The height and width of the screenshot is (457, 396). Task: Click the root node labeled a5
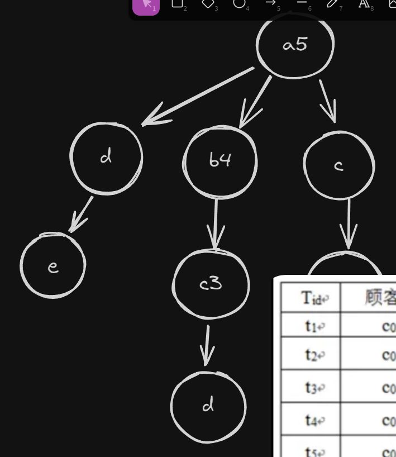(x=295, y=45)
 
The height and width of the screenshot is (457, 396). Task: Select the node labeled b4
(x=220, y=160)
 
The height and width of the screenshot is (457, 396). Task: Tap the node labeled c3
(x=211, y=284)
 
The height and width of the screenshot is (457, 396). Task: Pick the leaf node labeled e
(x=53, y=266)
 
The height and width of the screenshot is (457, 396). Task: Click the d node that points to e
(x=106, y=158)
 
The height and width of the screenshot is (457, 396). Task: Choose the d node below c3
(x=208, y=405)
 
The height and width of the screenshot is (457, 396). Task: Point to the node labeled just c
(x=339, y=165)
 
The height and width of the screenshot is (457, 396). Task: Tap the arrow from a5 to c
(x=328, y=101)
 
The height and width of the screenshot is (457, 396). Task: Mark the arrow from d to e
(x=82, y=214)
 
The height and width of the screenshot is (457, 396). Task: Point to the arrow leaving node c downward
(x=349, y=223)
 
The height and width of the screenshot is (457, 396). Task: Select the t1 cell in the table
(x=311, y=325)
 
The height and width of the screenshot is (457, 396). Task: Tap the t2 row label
(x=311, y=354)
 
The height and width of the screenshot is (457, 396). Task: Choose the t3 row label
(x=311, y=386)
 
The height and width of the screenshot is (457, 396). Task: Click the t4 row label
(x=311, y=419)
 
